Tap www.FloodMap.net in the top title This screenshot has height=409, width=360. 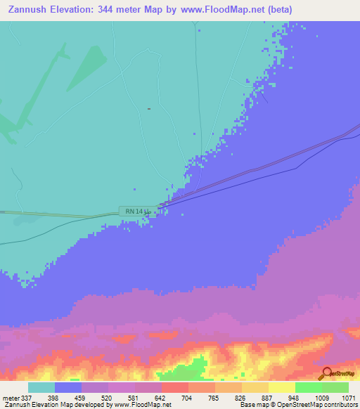click(x=221, y=10)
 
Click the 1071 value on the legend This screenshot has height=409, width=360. click(x=349, y=398)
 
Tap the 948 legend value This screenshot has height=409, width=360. click(x=269, y=398)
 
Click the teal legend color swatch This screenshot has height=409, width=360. click(x=41, y=387)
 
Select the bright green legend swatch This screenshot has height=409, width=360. click(x=308, y=387)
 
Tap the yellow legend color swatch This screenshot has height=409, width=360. click(x=281, y=387)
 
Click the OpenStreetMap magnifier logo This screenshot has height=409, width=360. click(x=326, y=374)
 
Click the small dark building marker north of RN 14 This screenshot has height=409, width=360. click(x=149, y=108)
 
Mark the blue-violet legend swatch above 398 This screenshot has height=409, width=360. click(x=68, y=387)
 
